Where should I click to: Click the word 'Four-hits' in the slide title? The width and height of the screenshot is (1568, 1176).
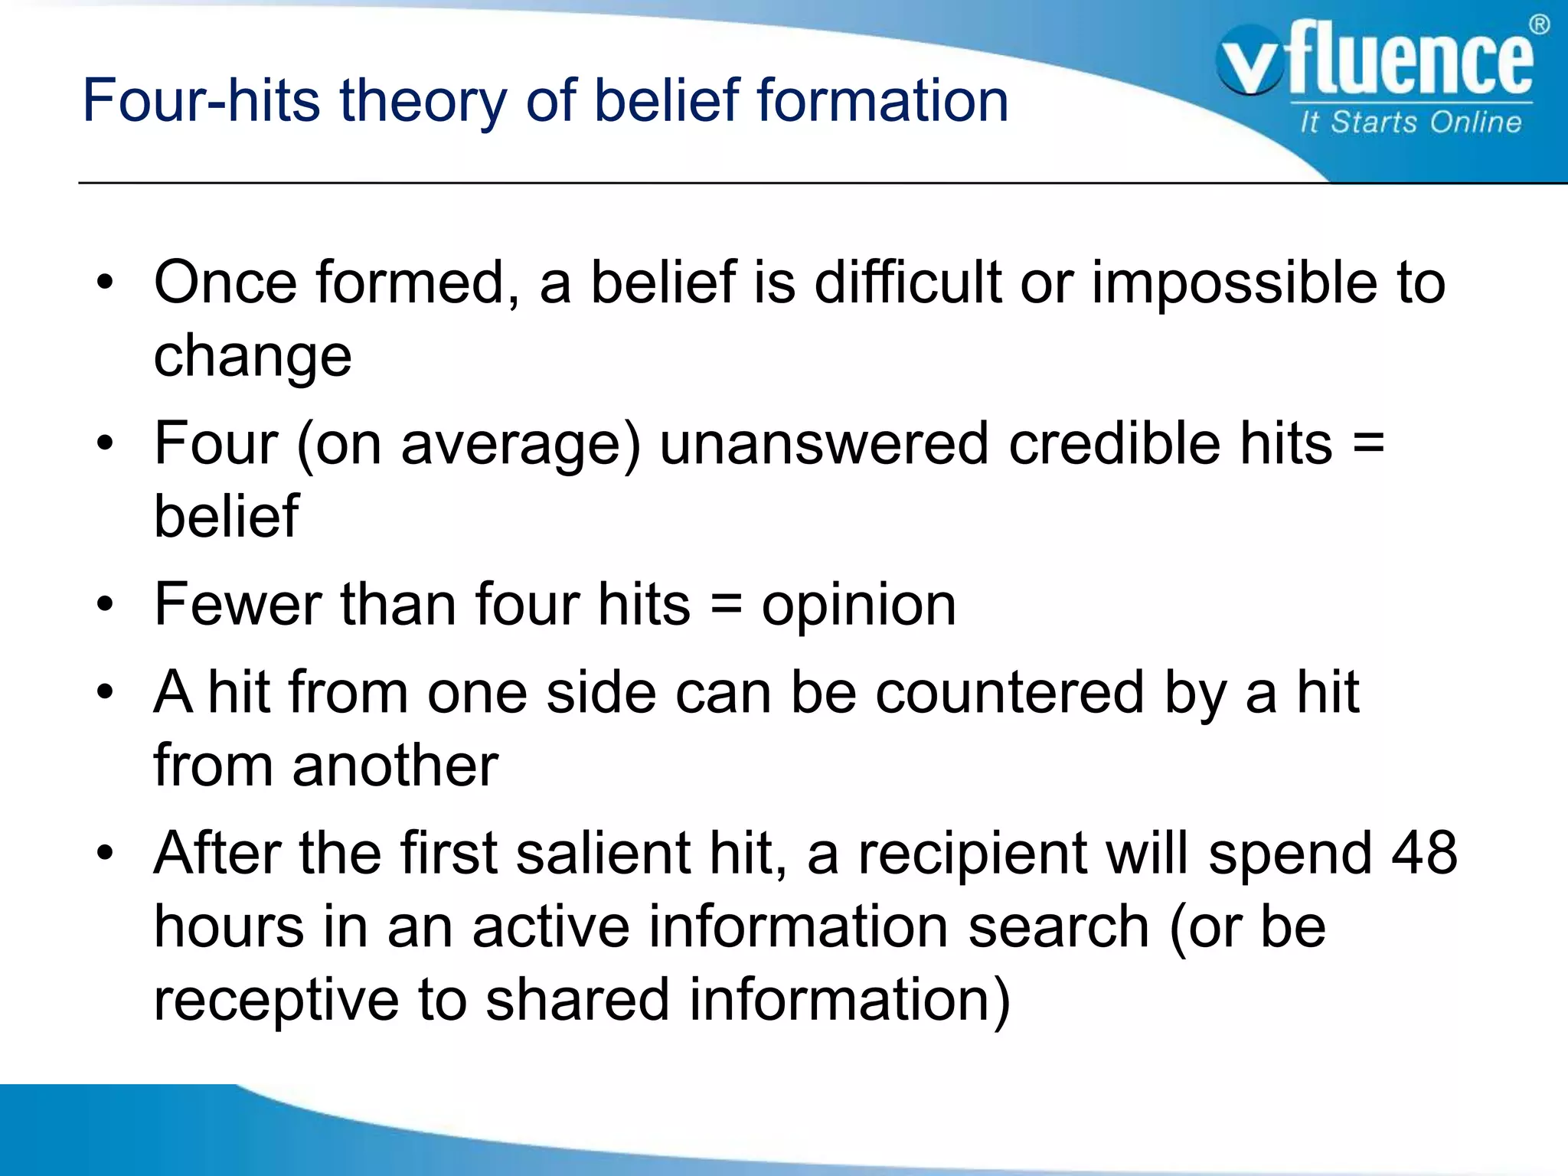coord(201,100)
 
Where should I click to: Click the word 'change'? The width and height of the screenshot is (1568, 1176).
coord(253,357)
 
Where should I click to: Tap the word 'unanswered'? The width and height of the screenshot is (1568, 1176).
coord(824,443)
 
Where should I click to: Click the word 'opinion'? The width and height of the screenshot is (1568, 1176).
coord(858,605)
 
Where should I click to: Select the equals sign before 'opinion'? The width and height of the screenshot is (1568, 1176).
coord(726,605)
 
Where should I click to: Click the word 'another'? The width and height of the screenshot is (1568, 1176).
coord(395,766)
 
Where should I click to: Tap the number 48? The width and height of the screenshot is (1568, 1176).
coord(1425,853)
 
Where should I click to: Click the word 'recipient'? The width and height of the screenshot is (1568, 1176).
coord(972,854)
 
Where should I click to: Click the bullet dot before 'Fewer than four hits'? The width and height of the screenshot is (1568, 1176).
coord(105,606)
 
